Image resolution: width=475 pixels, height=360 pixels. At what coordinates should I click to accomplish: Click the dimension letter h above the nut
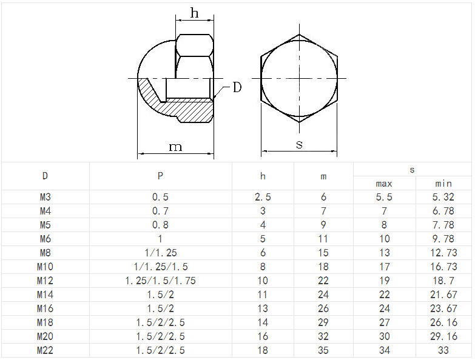(x=195, y=13)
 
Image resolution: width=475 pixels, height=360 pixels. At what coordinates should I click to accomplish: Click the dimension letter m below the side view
(x=175, y=147)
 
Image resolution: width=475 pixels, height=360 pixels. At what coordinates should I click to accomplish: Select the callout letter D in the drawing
(x=237, y=87)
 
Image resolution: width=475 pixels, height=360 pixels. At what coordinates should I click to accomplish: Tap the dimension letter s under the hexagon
(x=299, y=145)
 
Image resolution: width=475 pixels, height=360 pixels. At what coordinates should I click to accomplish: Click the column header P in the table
(x=160, y=176)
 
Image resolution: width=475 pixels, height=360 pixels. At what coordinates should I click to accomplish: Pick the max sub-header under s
(x=384, y=184)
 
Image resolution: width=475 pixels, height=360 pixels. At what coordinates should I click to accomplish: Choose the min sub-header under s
(x=443, y=183)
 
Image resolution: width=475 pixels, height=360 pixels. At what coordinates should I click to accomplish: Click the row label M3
(x=45, y=197)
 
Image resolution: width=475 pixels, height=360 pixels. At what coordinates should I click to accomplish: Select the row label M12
(x=45, y=281)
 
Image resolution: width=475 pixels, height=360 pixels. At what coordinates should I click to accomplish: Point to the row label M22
(x=45, y=350)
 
